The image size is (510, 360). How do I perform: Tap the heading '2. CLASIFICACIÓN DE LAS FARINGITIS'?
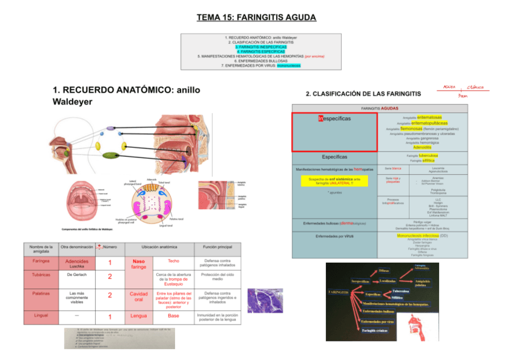[363, 94]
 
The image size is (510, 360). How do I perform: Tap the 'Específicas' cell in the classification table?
[334, 157]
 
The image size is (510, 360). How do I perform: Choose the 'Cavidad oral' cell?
[138, 297]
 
